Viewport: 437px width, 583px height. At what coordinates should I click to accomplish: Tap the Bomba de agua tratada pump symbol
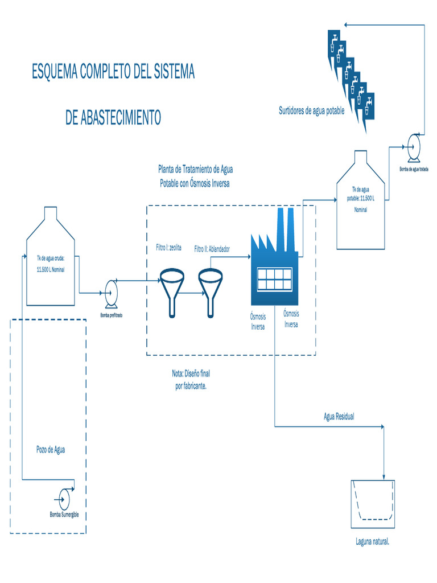pos(414,147)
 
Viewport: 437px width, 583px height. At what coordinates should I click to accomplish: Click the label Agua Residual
pos(339,417)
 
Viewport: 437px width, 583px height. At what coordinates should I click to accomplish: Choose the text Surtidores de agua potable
pos(311,111)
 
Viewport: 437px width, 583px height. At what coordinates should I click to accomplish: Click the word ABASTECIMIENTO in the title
pos(113,118)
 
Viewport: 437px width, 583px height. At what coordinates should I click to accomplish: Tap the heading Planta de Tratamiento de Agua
pos(195,169)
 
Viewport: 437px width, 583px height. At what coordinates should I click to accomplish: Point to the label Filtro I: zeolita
pos(168,248)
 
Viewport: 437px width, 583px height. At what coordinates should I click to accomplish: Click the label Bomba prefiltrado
pos(111,315)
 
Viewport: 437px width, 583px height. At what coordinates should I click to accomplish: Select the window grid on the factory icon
pos(274,279)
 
